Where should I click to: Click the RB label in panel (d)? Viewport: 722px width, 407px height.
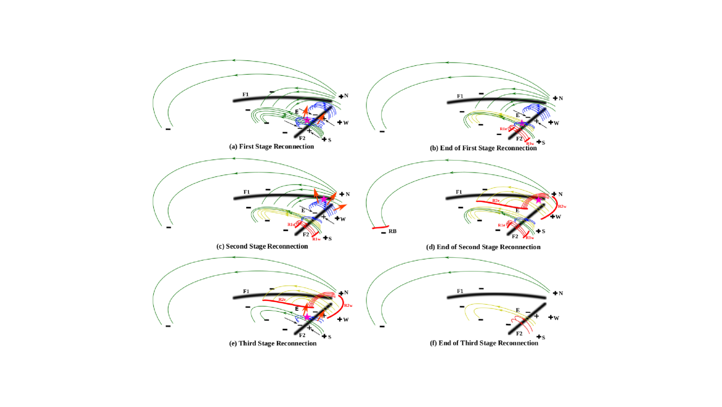(x=393, y=232)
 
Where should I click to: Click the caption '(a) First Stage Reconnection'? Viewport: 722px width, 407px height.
(x=272, y=147)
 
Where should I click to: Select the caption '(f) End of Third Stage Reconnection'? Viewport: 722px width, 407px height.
(x=482, y=343)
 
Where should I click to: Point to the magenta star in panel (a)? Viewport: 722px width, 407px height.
(x=306, y=120)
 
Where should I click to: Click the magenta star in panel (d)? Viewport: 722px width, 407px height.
(x=538, y=200)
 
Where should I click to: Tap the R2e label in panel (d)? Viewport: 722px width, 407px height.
(x=495, y=201)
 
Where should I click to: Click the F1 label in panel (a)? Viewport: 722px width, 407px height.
(x=246, y=95)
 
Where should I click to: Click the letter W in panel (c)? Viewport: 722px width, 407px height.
(x=343, y=219)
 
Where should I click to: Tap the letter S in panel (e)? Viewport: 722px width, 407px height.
(x=330, y=337)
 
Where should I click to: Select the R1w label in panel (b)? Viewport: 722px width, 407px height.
(x=530, y=144)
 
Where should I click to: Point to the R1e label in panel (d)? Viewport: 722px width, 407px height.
(x=502, y=225)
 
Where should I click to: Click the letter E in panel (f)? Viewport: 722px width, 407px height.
(x=518, y=310)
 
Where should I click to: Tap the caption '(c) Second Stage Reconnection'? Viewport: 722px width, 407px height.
(x=262, y=246)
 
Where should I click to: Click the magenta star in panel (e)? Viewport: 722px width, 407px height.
(x=307, y=317)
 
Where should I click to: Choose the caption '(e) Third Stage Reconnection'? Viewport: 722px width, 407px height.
(x=273, y=343)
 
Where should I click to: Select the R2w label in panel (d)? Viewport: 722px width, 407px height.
(x=562, y=207)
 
